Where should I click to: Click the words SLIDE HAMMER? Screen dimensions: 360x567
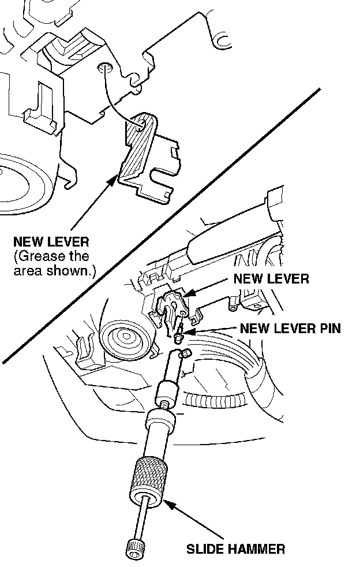(235, 548)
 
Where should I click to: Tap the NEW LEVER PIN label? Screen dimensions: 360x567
(290, 329)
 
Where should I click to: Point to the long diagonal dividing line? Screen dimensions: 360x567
(162, 225)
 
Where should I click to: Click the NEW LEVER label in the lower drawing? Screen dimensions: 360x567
(271, 279)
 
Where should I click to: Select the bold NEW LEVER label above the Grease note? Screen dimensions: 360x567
(51, 241)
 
